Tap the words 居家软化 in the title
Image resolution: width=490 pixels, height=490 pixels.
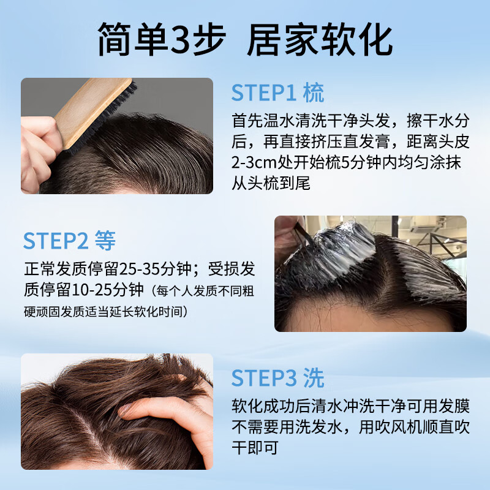pyautogui.click(x=319, y=41)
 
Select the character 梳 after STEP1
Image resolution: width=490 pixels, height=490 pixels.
pyautogui.click(x=313, y=92)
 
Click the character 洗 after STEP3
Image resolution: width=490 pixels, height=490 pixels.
pyautogui.click(x=314, y=379)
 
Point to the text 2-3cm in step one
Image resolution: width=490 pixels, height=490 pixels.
pyautogui.click(x=251, y=165)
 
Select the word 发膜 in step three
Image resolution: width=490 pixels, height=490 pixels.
pyautogui.click(x=455, y=405)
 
